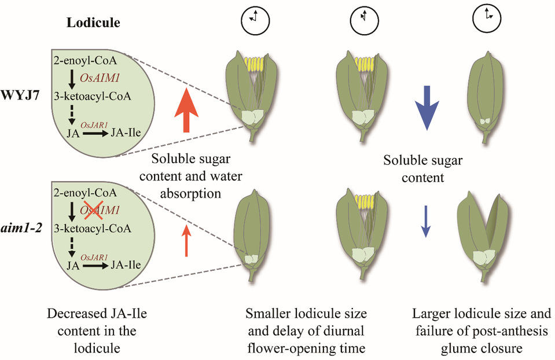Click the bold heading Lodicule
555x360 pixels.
coord(93,23)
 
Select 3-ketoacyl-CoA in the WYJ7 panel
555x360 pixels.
coord(93,95)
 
